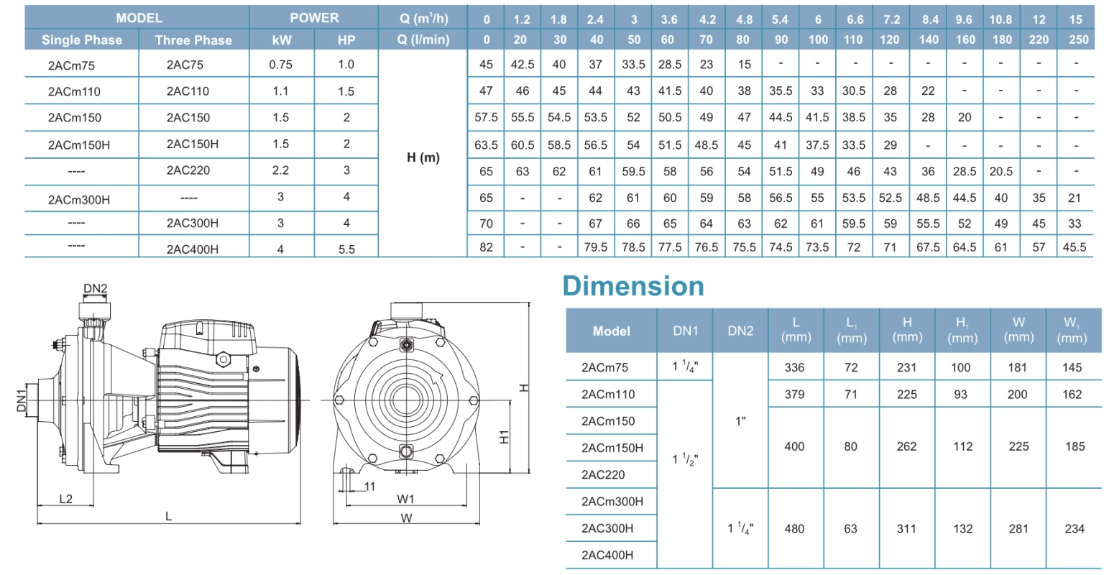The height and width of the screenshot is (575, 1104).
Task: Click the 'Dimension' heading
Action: pyautogui.click(x=633, y=286)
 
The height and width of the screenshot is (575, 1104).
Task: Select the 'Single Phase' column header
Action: pyautogui.click(x=82, y=40)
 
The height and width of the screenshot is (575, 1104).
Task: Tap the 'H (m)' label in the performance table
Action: pyautogui.click(x=423, y=157)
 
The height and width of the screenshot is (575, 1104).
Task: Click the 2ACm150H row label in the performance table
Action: pyautogui.click(x=79, y=145)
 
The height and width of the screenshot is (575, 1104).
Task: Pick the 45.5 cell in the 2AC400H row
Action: pyautogui.click(x=1075, y=247)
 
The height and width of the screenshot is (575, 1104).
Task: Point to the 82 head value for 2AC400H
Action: pyautogui.click(x=486, y=247)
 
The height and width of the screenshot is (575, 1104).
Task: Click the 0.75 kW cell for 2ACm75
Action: pyautogui.click(x=281, y=65)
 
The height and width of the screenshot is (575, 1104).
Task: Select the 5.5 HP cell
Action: pyautogui.click(x=346, y=249)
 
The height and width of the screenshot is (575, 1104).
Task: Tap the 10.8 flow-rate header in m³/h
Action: pyautogui.click(x=1000, y=19)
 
